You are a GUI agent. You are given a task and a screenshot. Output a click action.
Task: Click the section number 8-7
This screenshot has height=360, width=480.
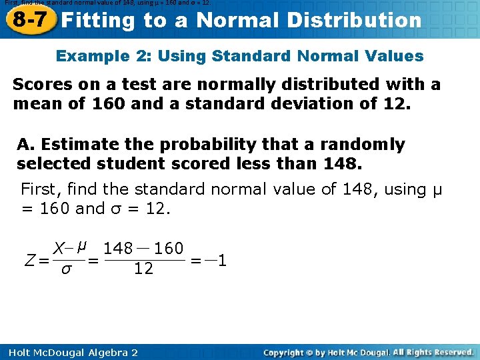(30, 19)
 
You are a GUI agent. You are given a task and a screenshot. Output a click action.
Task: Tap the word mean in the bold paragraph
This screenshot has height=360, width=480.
(33, 104)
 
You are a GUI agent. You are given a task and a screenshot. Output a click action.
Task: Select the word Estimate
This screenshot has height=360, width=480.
(75, 145)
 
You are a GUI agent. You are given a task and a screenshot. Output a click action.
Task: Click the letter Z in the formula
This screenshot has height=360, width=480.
(29, 261)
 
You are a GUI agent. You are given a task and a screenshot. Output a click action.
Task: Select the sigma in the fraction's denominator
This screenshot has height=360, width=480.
(65, 269)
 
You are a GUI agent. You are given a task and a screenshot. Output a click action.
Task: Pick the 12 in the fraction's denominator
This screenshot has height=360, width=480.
(143, 269)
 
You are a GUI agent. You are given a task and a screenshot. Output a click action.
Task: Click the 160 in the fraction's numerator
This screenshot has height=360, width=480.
(169, 249)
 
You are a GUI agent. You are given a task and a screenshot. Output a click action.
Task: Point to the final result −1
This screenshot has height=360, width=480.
(217, 260)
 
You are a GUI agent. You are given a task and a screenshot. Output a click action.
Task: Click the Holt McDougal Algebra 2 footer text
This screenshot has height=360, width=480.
(69, 352)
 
